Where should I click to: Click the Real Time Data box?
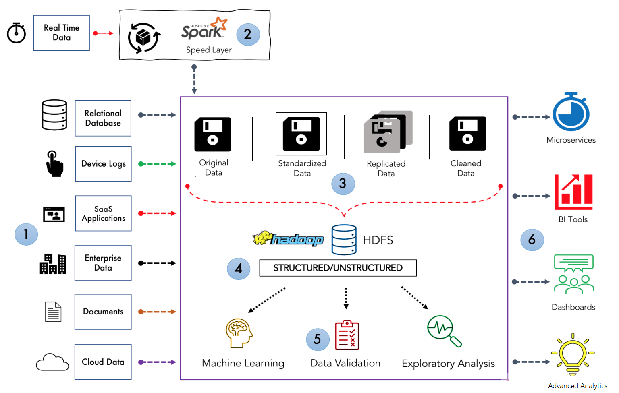tap(62, 33)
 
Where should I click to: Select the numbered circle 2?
tap(247, 34)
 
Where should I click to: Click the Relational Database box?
tap(103, 118)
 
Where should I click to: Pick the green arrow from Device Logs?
tap(157, 164)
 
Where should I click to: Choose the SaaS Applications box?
tap(103, 213)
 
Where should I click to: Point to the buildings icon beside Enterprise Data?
tap(53, 264)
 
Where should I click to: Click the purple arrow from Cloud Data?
tap(157, 362)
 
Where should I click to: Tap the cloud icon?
tap(52, 362)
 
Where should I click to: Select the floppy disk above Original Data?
tap(213, 134)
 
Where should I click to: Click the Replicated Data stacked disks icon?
tap(388, 132)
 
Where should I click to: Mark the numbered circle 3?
tap(343, 184)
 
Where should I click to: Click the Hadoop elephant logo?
tap(288, 239)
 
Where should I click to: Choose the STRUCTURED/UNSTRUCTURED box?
tap(338, 268)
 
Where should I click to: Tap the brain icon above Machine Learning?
tap(239, 333)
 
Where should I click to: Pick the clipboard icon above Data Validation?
tap(347, 335)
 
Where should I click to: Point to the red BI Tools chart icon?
tap(573, 192)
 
